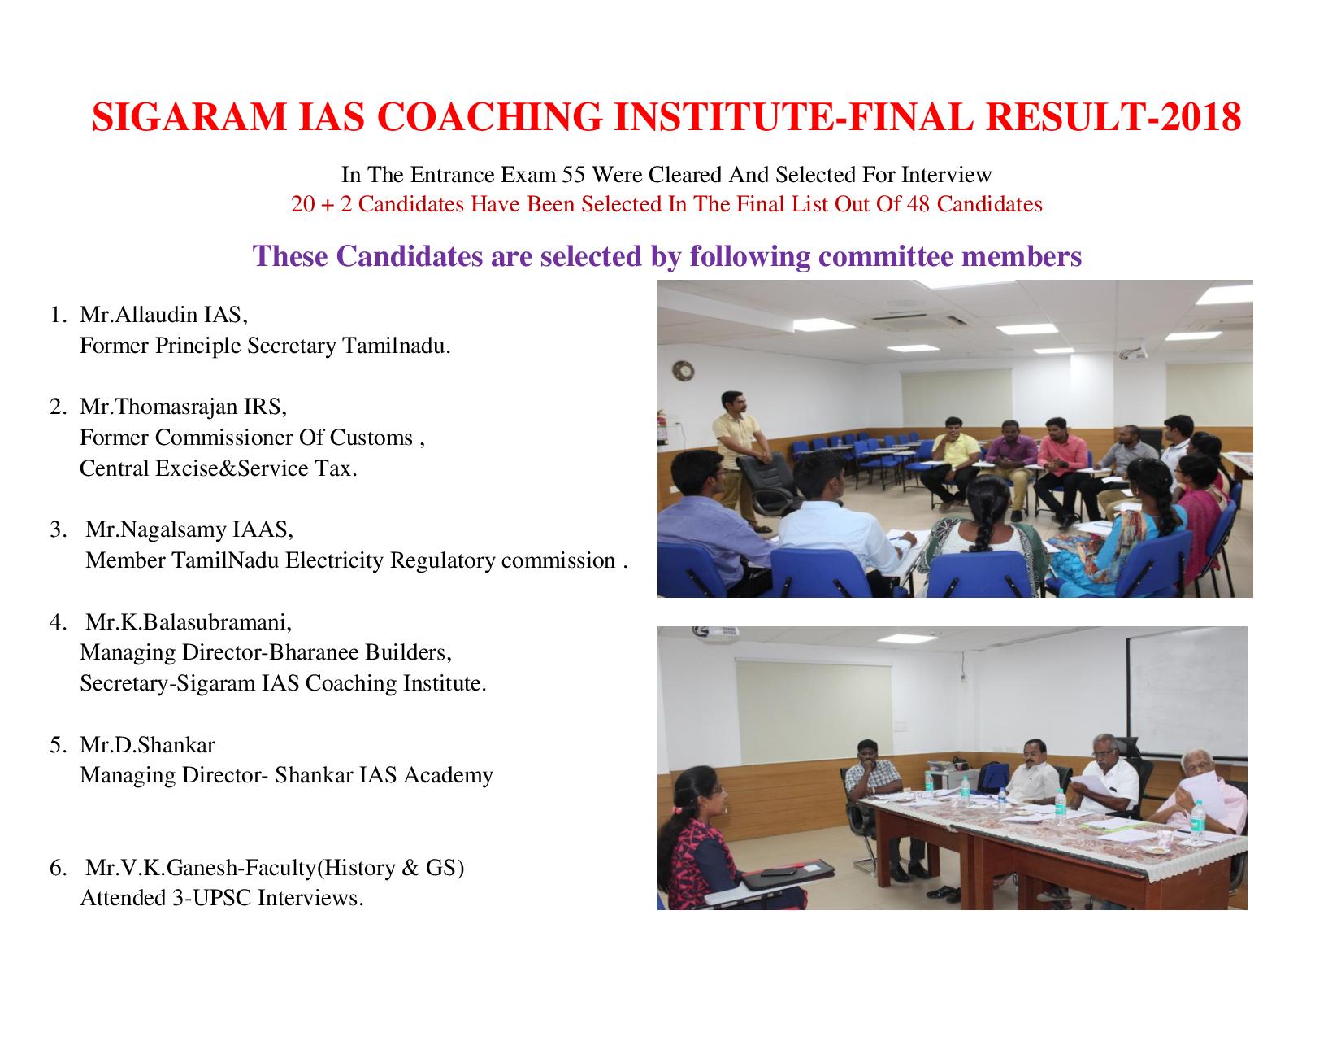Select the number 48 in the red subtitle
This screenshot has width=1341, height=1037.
918,204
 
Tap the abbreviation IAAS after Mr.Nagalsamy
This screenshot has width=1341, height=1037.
263,529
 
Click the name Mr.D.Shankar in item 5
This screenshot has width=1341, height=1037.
147,745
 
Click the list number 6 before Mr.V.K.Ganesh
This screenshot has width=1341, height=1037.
57,868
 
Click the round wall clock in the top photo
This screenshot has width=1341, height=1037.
684,371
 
